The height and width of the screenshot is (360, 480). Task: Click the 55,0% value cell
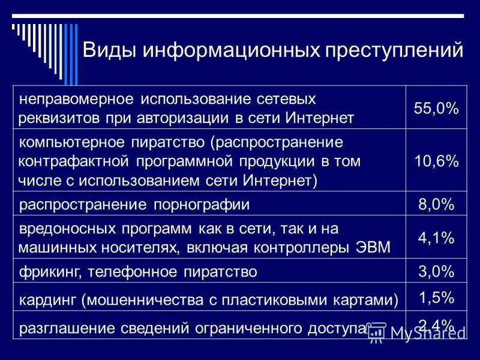(x=436, y=109)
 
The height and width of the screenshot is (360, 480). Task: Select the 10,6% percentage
(x=436, y=161)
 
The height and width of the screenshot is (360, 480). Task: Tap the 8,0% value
(x=436, y=205)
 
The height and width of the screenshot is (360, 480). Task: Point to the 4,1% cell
(x=436, y=238)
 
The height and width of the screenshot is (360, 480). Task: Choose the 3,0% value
(x=436, y=272)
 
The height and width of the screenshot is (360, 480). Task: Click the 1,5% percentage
(x=436, y=298)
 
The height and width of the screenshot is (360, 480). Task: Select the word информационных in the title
(x=231, y=50)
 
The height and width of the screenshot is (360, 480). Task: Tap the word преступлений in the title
(x=394, y=50)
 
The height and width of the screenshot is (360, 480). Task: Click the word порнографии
(x=203, y=205)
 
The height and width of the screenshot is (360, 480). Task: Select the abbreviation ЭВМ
(x=373, y=247)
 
